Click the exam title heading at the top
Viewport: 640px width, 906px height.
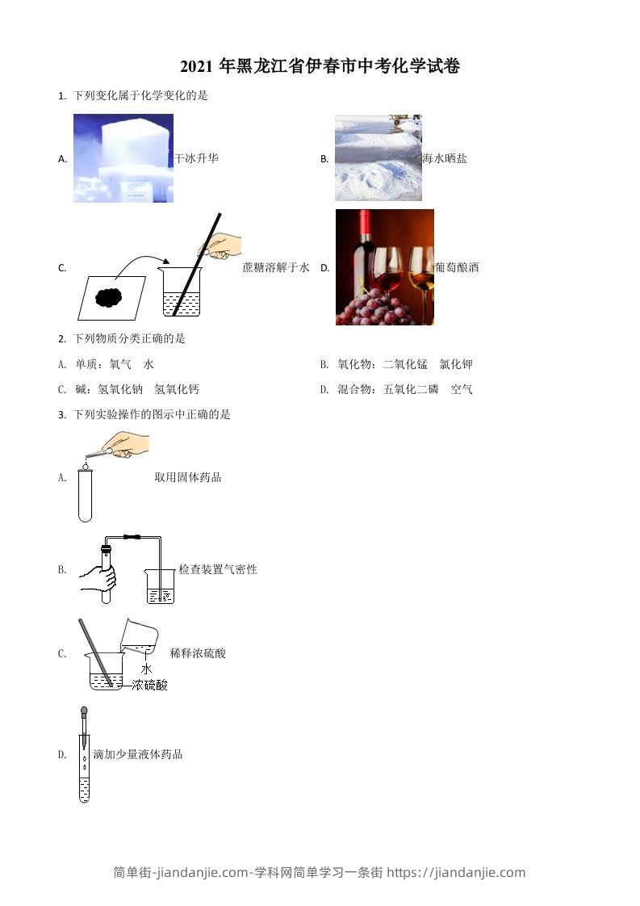pyautogui.click(x=320, y=67)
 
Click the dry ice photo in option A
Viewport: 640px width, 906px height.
pyautogui.click(x=123, y=158)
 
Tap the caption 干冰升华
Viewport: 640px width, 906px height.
pyautogui.click(x=197, y=158)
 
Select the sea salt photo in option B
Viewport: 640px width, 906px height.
pyautogui.click(x=378, y=157)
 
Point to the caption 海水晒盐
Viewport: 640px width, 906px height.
pyautogui.click(x=445, y=158)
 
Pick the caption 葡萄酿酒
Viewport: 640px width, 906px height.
pyautogui.click(x=457, y=267)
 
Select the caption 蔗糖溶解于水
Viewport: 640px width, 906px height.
pyautogui.click(x=276, y=267)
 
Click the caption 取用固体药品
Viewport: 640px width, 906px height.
pyautogui.click(x=188, y=477)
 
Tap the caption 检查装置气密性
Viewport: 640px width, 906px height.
pyautogui.click(x=218, y=569)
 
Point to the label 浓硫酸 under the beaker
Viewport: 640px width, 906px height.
pyautogui.click(x=150, y=685)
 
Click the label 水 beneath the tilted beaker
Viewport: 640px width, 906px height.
pyautogui.click(x=146, y=669)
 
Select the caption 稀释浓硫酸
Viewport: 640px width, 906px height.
pyautogui.click(x=198, y=652)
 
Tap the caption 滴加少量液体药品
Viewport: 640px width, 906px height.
pyautogui.click(x=138, y=754)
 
